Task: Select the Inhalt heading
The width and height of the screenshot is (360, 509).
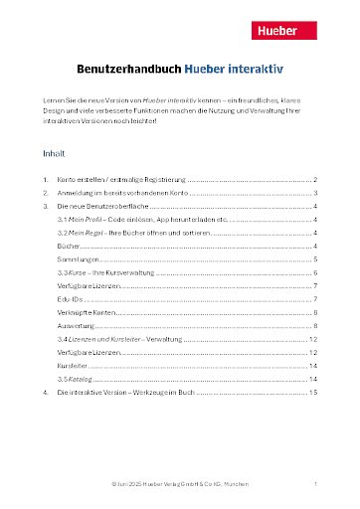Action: click(x=54, y=155)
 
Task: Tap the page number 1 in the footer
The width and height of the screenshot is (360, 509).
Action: click(x=314, y=484)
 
